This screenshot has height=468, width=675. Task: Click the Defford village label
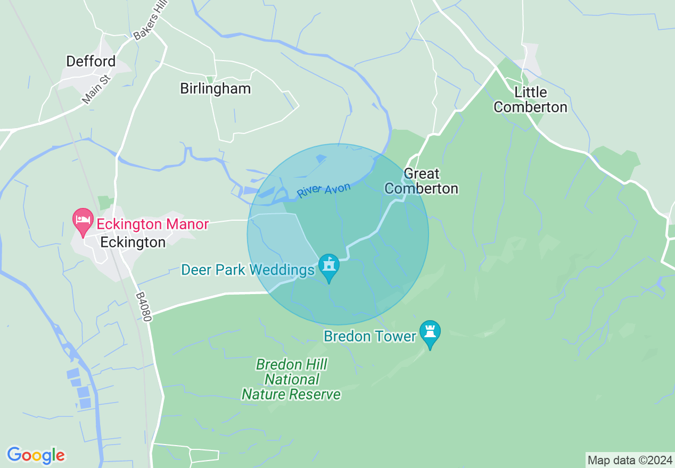(x=90, y=62)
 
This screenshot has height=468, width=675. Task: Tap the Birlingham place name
(x=215, y=89)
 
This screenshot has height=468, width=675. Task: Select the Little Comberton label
(x=530, y=100)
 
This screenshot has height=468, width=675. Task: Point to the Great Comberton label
(x=421, y=181)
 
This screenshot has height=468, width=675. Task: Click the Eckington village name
(x=133, y=243)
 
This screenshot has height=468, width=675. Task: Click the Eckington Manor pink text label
(x=152, y=224)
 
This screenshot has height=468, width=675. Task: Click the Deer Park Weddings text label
(x=248, y=270)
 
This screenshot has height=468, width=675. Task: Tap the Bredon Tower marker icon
(x=430, y=333)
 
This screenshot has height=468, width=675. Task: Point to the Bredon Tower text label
(x=369, y=337)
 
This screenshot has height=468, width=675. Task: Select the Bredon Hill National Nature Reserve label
(x=291, y=380)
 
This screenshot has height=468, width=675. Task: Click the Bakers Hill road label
(x=151, y=22)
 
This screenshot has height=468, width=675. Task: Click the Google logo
(x=36, y=455)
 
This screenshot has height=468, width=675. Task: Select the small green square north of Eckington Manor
(x=105, y=203)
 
